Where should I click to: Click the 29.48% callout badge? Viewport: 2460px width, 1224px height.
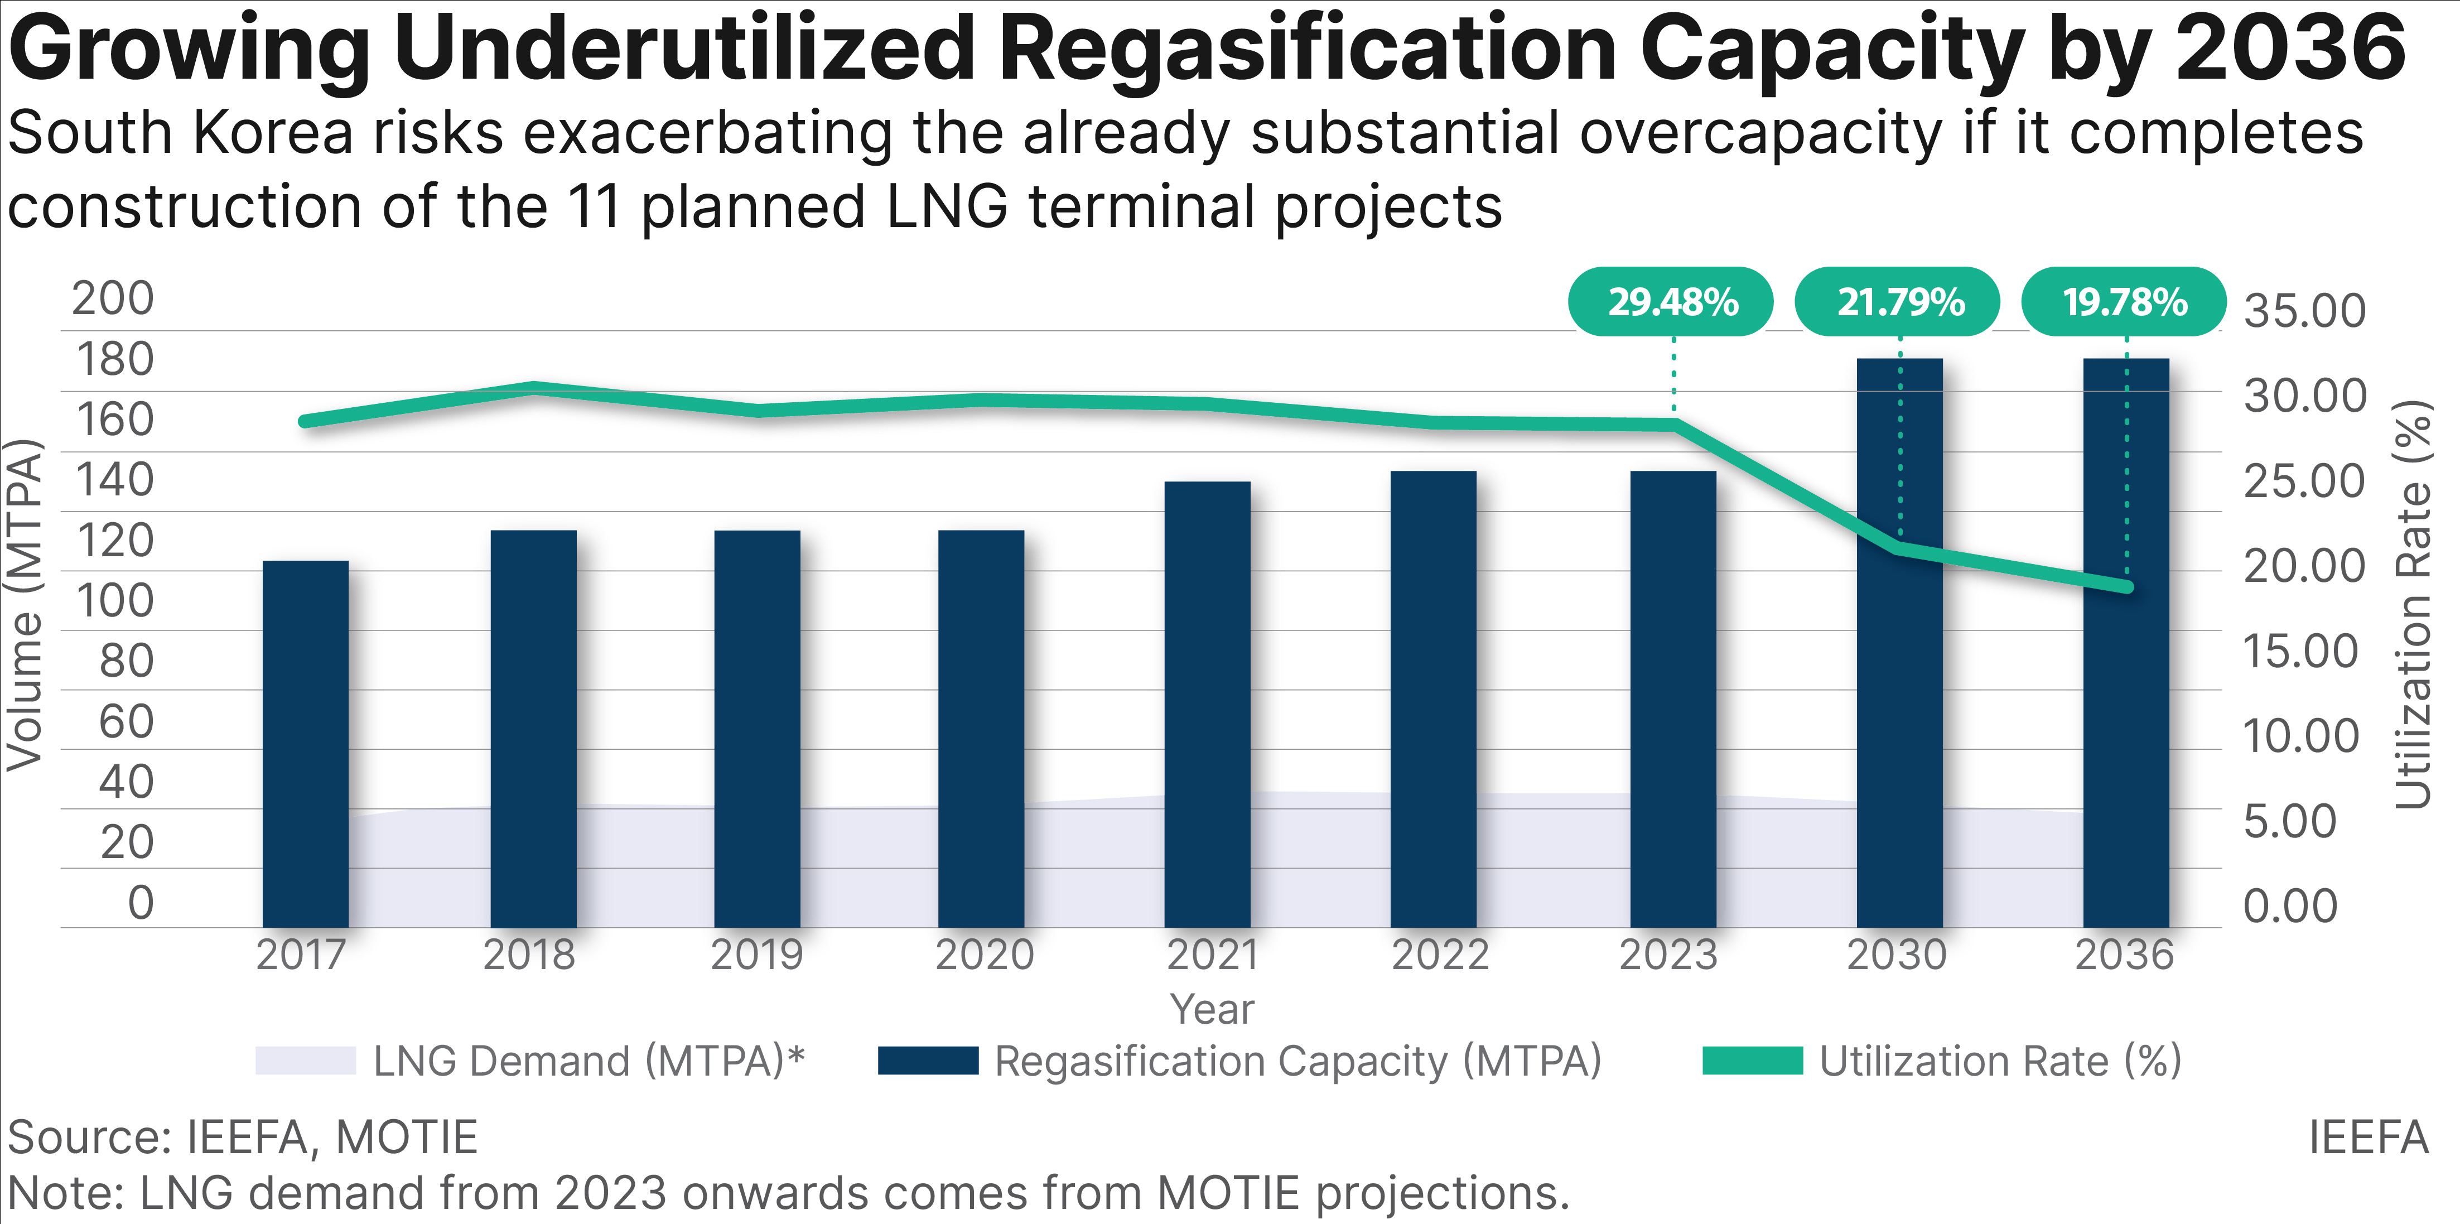tap(1671, 302)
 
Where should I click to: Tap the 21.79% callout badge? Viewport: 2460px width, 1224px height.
tap(1898, 302)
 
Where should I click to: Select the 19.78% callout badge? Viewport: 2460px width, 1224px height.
tap(2125, 302)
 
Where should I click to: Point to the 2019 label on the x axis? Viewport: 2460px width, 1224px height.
tap(756, 955)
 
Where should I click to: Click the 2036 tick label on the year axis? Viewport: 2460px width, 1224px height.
tap(2125, 955)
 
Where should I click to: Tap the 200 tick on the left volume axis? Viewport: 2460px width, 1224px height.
tap(113, 299)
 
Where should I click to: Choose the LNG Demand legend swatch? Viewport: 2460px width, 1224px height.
tap(306, 1061)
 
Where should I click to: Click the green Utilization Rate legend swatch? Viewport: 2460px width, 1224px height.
tap(1752, 1061)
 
